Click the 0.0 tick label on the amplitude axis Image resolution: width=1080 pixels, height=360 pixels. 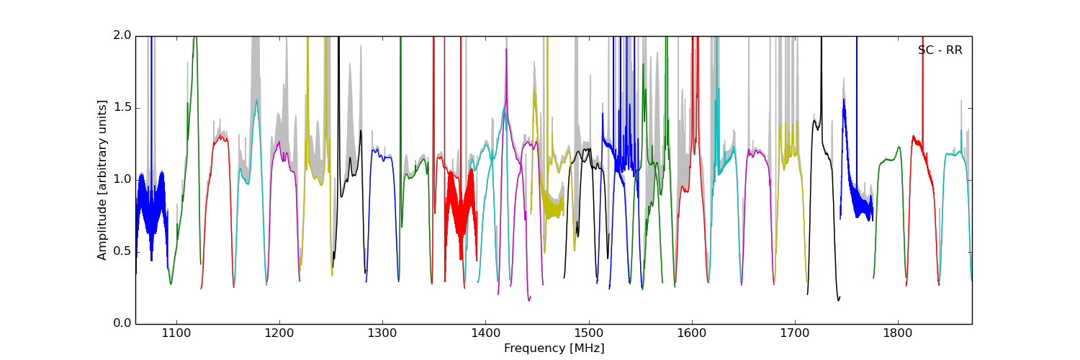pos(122,323)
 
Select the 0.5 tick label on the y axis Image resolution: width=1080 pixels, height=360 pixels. pos(122,251)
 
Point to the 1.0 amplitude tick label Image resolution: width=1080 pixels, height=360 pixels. pos(122,179)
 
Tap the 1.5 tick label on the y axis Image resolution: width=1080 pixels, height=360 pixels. pos(122,107)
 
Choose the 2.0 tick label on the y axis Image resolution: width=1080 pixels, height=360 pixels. pos(122,35)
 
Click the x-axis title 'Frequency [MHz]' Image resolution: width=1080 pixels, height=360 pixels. pos(554,348)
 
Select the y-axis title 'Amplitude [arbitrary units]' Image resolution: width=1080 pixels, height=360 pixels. pos(102,180)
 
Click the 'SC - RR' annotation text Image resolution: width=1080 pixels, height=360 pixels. pos(940,50)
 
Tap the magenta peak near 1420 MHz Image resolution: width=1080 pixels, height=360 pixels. pos(506,50)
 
